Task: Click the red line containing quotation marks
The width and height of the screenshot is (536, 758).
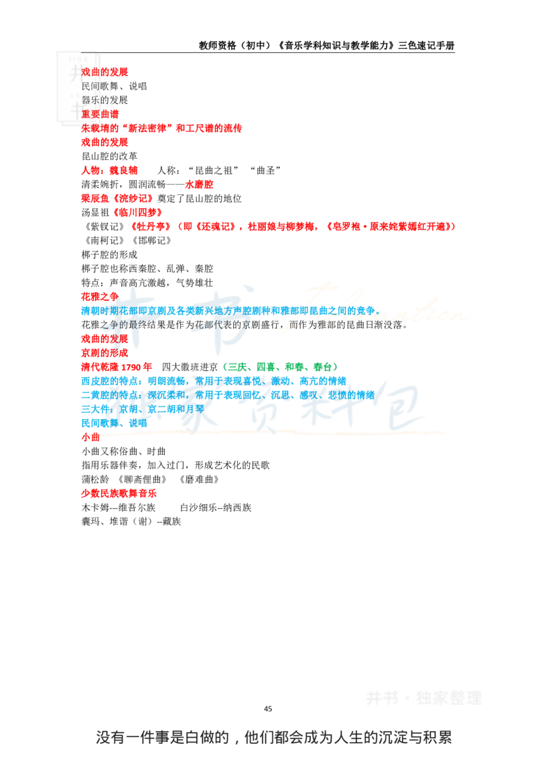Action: click(161, 127)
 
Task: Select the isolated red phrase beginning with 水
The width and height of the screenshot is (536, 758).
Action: click(199, 184)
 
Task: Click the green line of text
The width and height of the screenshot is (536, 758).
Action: click(279, 366)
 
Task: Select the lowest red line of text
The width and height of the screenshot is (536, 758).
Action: click(119, 493)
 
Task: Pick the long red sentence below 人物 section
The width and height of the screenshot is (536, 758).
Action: click(293, 227)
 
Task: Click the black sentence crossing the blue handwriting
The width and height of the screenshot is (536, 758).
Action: click(201, 326)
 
